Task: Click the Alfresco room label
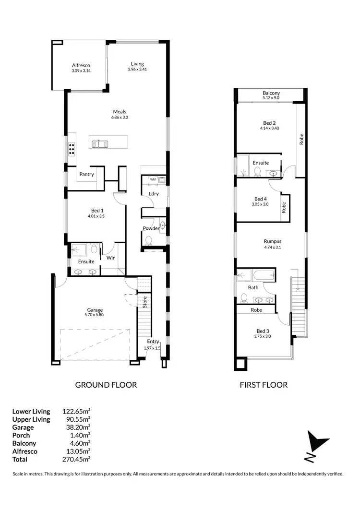(x=81, y=65)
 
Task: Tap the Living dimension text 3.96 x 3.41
(x=137, y=70)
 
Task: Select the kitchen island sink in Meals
(x=101, y=143)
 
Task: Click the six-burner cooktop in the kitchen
(x=72, y=149)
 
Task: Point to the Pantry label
(x=87, y=174)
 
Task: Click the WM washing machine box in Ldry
(x=153, y=179)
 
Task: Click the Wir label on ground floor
(x=110, y=258)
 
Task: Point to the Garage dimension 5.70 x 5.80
(x=95, y=315)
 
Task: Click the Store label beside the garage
(x=144, y=302)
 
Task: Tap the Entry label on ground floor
(x=153, y=342)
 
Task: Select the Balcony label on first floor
(x=271, y=93)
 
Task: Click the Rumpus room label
(x=272, y=241)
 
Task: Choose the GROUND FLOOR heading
(x=106, y=385)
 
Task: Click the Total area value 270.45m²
(x=76, y=459)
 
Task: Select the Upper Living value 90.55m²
(x=76, y=419)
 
